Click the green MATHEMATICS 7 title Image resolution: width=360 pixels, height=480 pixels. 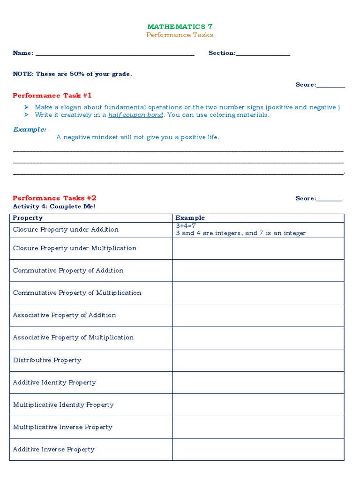click(x=180, y=27)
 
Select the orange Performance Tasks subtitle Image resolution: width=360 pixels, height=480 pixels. click(x=180, y=35)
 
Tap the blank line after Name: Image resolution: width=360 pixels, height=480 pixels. click(x=115, y=53)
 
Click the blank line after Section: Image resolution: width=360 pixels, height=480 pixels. click(x=263, y=53)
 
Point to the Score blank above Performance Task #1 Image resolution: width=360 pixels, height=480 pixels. click(x=331, y=85)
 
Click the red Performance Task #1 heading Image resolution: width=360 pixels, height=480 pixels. click(x=52, y=96)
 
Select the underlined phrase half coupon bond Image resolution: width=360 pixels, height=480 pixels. click(x=136, y=115)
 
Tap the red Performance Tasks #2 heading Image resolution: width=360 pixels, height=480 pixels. click(x=54, y=198)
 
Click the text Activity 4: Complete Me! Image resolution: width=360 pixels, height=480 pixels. click(x=54, y=206)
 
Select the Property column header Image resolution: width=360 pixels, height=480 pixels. click(x=28, y=218)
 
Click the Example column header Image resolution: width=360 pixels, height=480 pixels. click(x=190, y=218)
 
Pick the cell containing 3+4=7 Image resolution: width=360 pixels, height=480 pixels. click(x=258, y=230)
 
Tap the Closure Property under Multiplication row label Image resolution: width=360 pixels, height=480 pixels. click(x=75, y=248)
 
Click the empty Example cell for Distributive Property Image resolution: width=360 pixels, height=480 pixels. click(x=258, y=360)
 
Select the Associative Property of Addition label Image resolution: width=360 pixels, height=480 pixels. click(x=64, y=315)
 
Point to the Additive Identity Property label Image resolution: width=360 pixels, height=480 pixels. click(x=54, y=382)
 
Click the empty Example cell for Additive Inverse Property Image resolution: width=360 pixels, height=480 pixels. click(x=258, y=450)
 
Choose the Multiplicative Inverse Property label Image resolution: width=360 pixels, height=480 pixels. click(x=62, y=427)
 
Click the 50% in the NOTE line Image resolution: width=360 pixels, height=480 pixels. click(x=77, y=74)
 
